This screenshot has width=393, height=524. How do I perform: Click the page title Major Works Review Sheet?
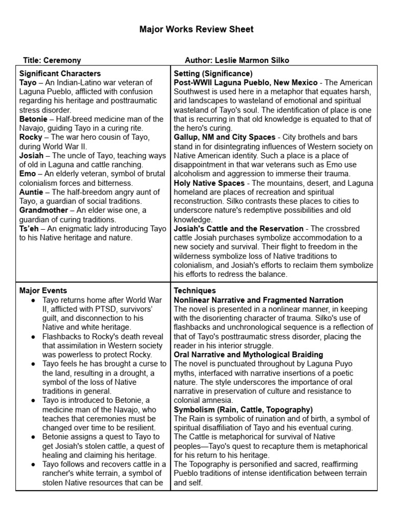[196, 30]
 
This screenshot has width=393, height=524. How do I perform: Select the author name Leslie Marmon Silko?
[252, 60]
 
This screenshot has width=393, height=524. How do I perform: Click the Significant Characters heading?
[60, 73]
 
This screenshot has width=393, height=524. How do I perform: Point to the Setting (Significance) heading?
[213, 73]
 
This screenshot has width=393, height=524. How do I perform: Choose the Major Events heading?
[43, 291]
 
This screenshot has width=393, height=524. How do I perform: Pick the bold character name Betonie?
[33, 119]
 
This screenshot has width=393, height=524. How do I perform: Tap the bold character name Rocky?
[31, 138]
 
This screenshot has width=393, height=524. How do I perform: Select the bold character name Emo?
[28, 174]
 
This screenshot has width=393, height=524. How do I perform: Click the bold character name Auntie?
[32, 192]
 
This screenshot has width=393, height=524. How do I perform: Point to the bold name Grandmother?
[43, 210]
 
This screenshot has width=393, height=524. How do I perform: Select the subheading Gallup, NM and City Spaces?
[225, 138]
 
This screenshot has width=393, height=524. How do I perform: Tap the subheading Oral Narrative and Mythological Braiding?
[248, 355]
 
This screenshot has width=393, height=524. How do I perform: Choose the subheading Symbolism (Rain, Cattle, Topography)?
[243, 409]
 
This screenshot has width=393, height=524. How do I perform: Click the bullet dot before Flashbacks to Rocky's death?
[33, 337]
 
